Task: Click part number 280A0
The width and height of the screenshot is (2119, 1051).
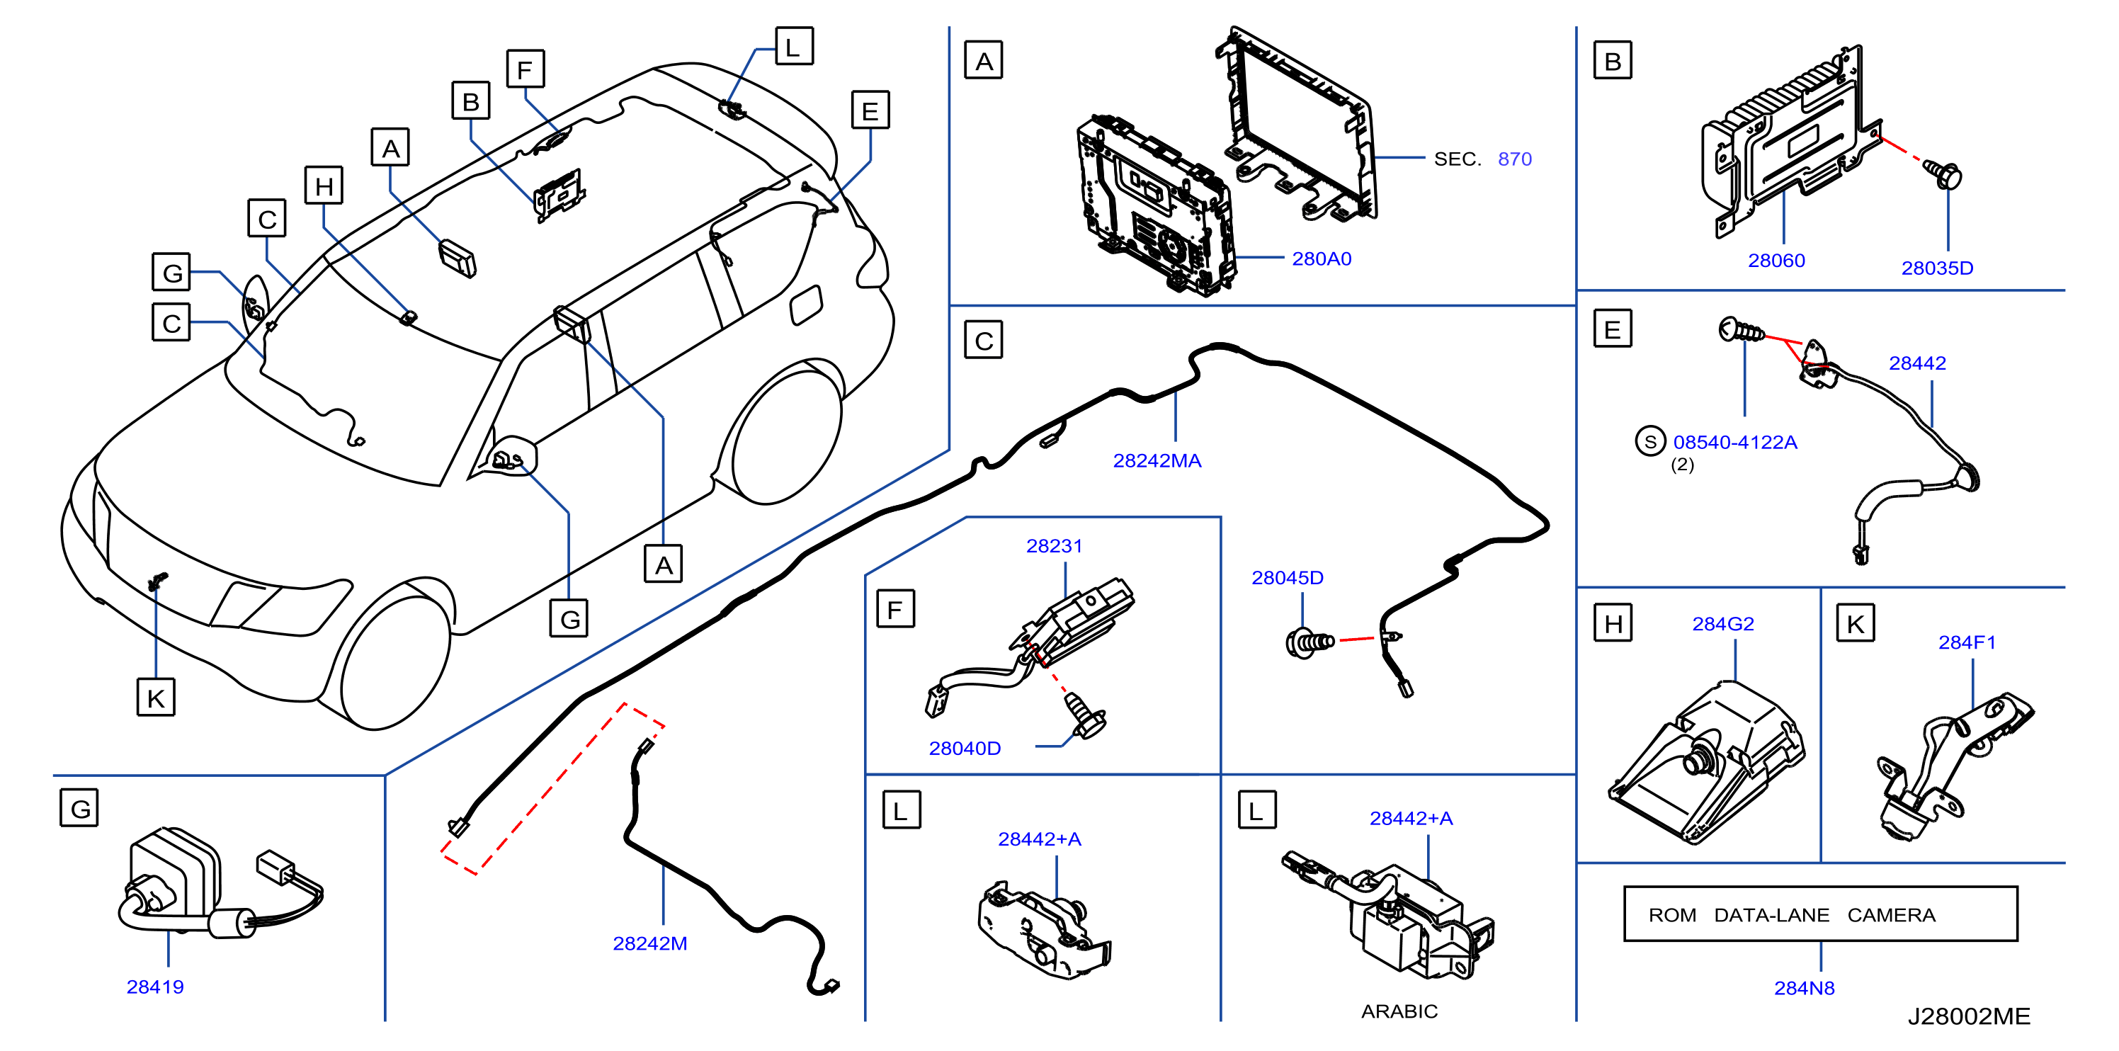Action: [x=1321, y=259]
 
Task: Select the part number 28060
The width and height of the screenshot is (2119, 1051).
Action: [x=1776, y=261]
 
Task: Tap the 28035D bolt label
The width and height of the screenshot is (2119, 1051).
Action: [x=1936, y=268]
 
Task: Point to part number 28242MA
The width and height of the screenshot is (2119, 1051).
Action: [x=1157, y=460]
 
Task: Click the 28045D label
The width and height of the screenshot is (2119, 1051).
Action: [x=1288, y=578]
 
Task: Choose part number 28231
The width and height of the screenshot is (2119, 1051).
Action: [x=1054, y=546]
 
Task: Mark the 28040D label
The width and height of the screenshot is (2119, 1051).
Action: [x=965, y=749]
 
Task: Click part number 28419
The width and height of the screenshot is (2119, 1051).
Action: [x=154, y=987]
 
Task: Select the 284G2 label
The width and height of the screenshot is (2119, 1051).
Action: [x=1722, y=624]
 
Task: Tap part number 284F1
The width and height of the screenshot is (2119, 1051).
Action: [x=1967, y=642]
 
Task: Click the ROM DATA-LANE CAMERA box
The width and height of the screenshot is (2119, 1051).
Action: [x=1819, y=914]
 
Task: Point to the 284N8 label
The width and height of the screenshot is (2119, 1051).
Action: [x=1804, y=989]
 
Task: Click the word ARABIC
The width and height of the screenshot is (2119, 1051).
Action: [x=1399, y=1011]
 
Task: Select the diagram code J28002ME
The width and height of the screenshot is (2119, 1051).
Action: [x=1968, y=1016]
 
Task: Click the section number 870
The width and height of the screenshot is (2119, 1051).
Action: [x=1514, y=159]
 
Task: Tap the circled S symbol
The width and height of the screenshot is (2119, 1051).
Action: [x=1650, y=442]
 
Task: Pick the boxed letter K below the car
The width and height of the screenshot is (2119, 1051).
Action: [x=156, y=698]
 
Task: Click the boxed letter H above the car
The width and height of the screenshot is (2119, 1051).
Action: [x=324, y=186]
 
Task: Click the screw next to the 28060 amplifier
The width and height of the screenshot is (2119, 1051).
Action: [x=1942, y=175]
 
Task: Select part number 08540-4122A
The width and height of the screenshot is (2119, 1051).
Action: [x=1735, y=443]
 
